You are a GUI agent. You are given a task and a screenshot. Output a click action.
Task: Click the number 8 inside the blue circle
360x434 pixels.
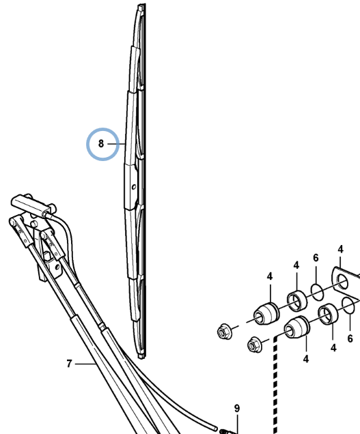[x=101, y=144]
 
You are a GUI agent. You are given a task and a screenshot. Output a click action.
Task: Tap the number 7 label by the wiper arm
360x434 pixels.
[x=69, y=364]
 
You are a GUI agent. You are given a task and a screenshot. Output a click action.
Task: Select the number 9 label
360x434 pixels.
[x=236, y=408]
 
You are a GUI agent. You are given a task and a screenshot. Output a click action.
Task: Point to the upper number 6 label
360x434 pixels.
[x=316, y=258]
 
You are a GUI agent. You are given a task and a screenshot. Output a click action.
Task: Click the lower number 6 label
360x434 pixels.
[x=350, y=338]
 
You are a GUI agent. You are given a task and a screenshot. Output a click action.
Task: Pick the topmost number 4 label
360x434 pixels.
[x=341, y=249]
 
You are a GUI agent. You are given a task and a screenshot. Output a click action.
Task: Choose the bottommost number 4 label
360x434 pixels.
[x=305, y=359]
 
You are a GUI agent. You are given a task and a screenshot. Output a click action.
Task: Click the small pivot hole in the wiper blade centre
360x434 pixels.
[x=134, y=187]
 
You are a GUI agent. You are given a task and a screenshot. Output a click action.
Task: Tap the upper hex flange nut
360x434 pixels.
[x=223, y=332]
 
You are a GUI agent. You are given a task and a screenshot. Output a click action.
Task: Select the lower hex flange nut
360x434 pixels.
[x=253, y=345]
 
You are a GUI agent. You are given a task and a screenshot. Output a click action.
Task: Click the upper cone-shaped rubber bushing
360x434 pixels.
[x=266, y=314]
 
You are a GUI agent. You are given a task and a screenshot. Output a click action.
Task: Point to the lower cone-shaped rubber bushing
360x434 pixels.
[x=297, y=328]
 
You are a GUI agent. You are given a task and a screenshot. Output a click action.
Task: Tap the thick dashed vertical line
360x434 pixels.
[x=275, y=385]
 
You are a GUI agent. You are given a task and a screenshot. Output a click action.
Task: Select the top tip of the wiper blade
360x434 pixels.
[x=141, y=4]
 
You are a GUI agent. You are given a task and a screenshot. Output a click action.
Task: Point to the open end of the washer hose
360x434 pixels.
[x=216, y=428]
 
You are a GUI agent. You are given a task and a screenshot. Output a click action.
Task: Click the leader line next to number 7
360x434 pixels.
[x=85, y=364]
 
